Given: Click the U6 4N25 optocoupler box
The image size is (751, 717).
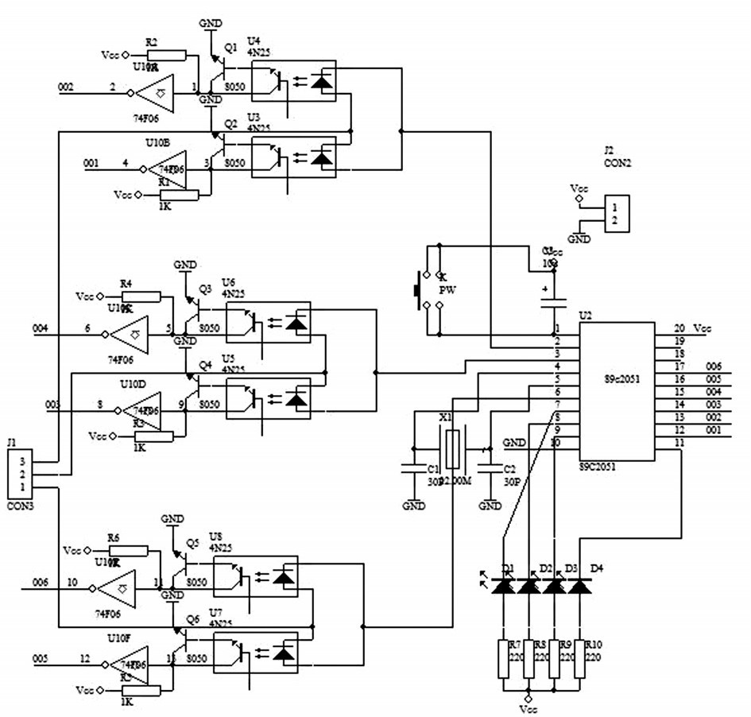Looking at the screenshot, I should tap(267, 322).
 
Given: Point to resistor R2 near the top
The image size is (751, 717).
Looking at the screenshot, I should tap(167, 56).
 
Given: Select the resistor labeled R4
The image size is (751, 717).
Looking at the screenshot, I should tap(141, 296).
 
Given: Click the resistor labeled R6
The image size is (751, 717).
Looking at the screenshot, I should tap(129, 551).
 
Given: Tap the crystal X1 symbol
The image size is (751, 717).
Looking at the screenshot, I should tap(451, 449).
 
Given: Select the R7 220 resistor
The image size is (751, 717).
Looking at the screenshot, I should tap(504, 658).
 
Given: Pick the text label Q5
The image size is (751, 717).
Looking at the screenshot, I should tap(192, 543).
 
